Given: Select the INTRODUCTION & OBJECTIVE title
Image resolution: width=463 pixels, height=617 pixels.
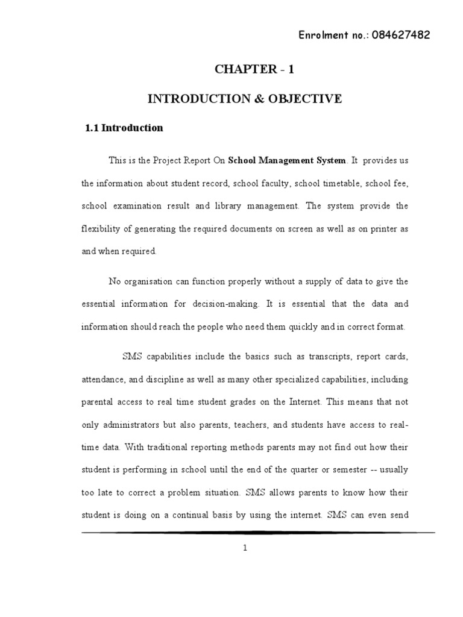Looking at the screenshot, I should [x=245, y=99].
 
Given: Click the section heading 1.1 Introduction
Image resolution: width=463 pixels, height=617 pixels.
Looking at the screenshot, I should [x=124, y=128].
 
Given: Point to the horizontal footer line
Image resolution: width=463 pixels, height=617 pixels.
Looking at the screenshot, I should [x=258, y=533].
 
